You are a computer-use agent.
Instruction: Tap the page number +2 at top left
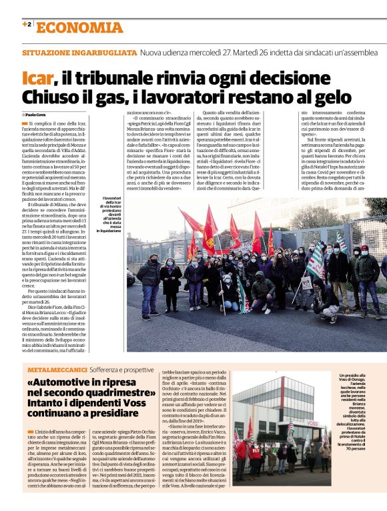tap(27, 25)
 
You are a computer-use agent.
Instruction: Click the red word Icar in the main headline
tap(37, 79)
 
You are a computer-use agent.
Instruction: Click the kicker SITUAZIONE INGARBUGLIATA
tap(78, 51)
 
